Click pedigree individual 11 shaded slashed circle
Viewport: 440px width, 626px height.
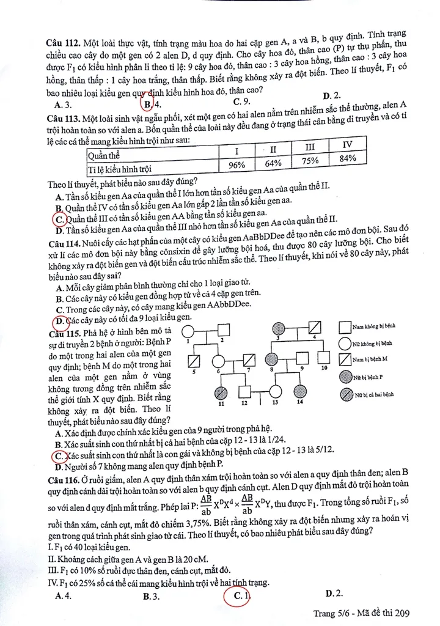pyautogui.click(x=221, y=391)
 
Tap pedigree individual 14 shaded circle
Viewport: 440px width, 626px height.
pyautogui.click(x=299, y=391)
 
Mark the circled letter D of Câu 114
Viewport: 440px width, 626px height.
pyautogui.click(x=61, y=320)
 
